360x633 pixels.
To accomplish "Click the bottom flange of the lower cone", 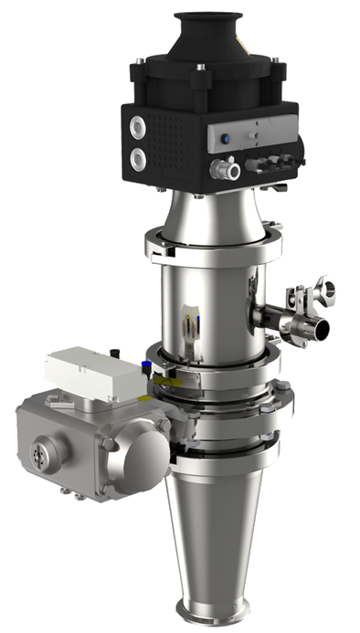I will coord(220,613).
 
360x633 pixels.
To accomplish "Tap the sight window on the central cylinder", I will coord(192,324).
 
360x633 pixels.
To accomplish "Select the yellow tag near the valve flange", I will coord(162,376).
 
